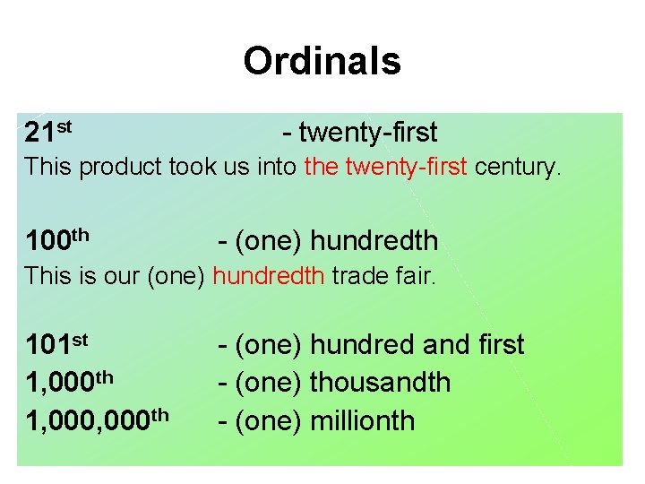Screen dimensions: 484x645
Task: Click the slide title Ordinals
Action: [x=322, y=62]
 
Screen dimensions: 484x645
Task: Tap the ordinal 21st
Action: [x=48, y=133]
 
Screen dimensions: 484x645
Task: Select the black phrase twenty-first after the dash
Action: [x=368, y=133]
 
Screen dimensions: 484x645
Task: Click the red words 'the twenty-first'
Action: [x=386, y=167]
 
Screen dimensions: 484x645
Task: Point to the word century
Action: [x=518, y=167]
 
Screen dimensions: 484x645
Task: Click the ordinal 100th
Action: [x=57, y=239]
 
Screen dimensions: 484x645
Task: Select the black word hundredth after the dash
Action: [x=374, y=240]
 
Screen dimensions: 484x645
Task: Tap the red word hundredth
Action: [x=269, y=276]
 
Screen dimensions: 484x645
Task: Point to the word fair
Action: [x=414, y=276]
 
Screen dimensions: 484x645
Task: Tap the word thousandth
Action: [x=380, y=382]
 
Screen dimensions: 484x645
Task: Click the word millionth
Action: [x=363, y=420]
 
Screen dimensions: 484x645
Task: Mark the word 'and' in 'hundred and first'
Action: [x=438, y=344]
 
